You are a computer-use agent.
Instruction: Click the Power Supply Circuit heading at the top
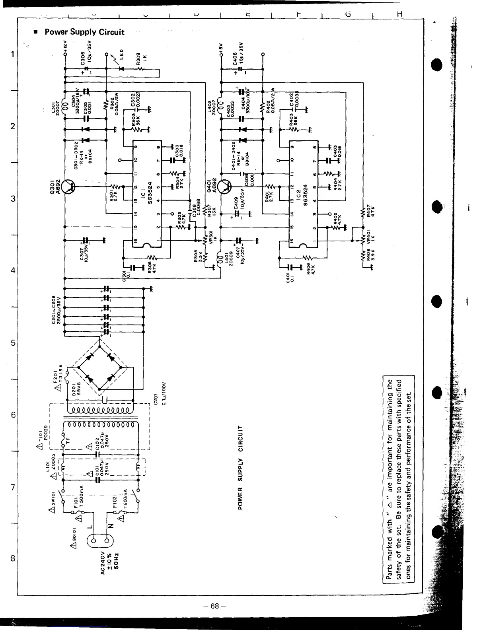point(84,32)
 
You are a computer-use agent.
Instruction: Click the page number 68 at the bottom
point(215,606)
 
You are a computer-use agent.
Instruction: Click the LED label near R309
point(123,53)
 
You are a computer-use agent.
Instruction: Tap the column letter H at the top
point(399,14)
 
